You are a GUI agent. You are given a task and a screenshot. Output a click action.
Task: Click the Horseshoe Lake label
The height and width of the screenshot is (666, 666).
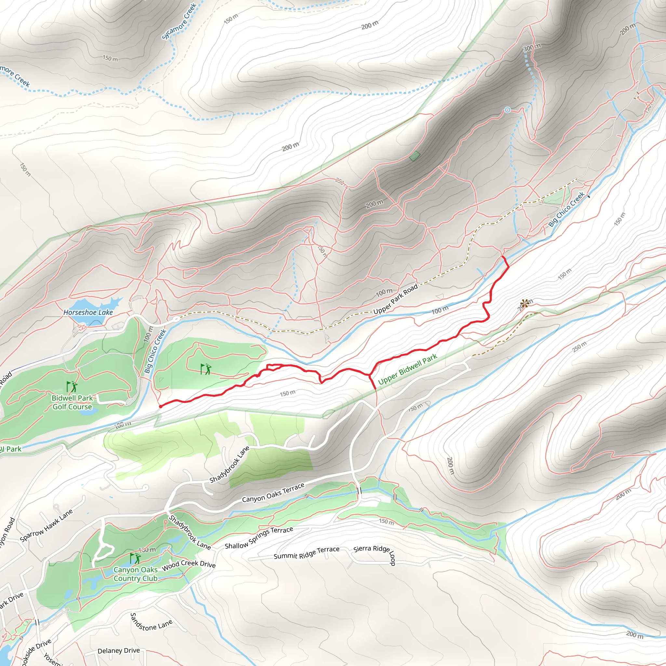pyautogui.click(x=88, y=312)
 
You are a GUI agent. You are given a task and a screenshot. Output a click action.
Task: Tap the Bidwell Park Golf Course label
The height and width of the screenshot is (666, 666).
pyautogui.click(x=73, y=402)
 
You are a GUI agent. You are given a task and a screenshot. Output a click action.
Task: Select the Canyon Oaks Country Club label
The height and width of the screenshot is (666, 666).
pyautogui.click(x=136, y=574)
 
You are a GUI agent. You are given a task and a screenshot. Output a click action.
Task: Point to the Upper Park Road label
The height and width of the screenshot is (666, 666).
pyautogui.click(x=395, y=299)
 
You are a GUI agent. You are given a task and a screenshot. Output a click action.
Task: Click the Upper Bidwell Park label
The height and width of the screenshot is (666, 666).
pyautogui.click(x=407, y=369)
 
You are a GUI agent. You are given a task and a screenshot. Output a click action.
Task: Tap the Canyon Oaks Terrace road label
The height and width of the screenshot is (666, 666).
pyautogui.click(x=273, y=492)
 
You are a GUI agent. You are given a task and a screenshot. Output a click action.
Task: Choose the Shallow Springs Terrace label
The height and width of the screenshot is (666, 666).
pyautogui.click(x=259, y=538)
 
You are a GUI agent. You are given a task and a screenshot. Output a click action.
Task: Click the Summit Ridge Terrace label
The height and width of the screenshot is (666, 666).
pyautogui.click(x=306, y=552)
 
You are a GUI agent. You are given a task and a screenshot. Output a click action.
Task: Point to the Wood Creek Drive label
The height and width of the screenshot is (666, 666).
pyautogui.click(x=189, y=564)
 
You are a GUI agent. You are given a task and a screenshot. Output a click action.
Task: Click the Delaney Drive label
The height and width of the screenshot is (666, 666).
pyautogui.click(x=119, y=650)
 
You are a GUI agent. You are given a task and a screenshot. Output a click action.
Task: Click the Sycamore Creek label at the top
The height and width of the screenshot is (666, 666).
pyautogui.click(x=179, y=21)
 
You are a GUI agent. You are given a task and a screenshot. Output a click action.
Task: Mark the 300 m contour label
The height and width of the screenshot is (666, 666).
pyautogui.click(x=532, y=47)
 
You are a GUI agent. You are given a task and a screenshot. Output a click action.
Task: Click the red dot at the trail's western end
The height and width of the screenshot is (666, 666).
pyautogui.click(x=161, y=406)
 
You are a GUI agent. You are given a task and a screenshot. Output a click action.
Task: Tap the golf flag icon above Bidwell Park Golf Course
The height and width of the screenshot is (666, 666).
pyautogui.click(x=72, y=386)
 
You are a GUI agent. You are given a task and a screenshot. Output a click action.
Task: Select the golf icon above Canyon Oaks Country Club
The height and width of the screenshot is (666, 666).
pyautogui.click(x=135, y=558)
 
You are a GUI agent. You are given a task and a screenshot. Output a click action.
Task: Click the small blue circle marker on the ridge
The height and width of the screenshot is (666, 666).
pyautogui.click(x=507, y=110)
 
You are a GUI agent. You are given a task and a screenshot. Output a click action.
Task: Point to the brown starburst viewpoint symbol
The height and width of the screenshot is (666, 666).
pyautogui.click(x=524, y=304)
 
